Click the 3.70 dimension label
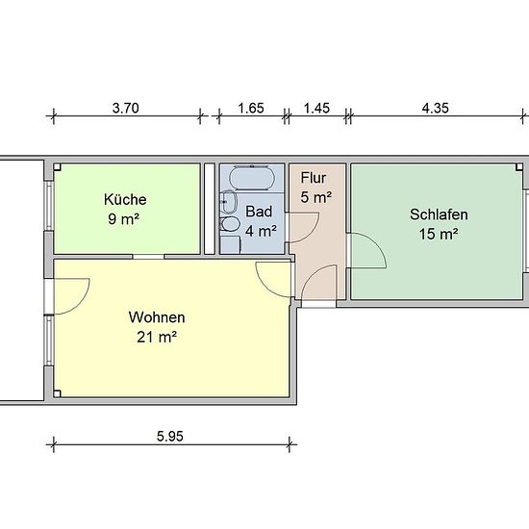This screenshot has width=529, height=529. point(125,109)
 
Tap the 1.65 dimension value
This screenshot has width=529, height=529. point(251,109)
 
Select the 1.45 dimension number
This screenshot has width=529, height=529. point(316,109)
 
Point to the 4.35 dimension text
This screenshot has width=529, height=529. point(436,109)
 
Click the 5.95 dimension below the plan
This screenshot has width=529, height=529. point(170,437)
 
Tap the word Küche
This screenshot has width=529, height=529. point(125,199)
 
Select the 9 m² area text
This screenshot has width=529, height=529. point(123,219)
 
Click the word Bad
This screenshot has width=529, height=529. point(259,212)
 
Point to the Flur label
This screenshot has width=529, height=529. point(314,178)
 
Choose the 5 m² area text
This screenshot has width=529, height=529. point(316,197)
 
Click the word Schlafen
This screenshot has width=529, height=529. point(439,214)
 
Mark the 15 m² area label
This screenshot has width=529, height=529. point(439,234)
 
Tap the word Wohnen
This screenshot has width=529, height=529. point(157,317)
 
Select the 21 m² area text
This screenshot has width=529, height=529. point(157,337)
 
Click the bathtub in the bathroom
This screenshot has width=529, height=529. point(251,178)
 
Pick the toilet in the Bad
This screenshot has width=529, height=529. point(230,224)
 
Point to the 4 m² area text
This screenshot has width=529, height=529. point(261,232)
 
